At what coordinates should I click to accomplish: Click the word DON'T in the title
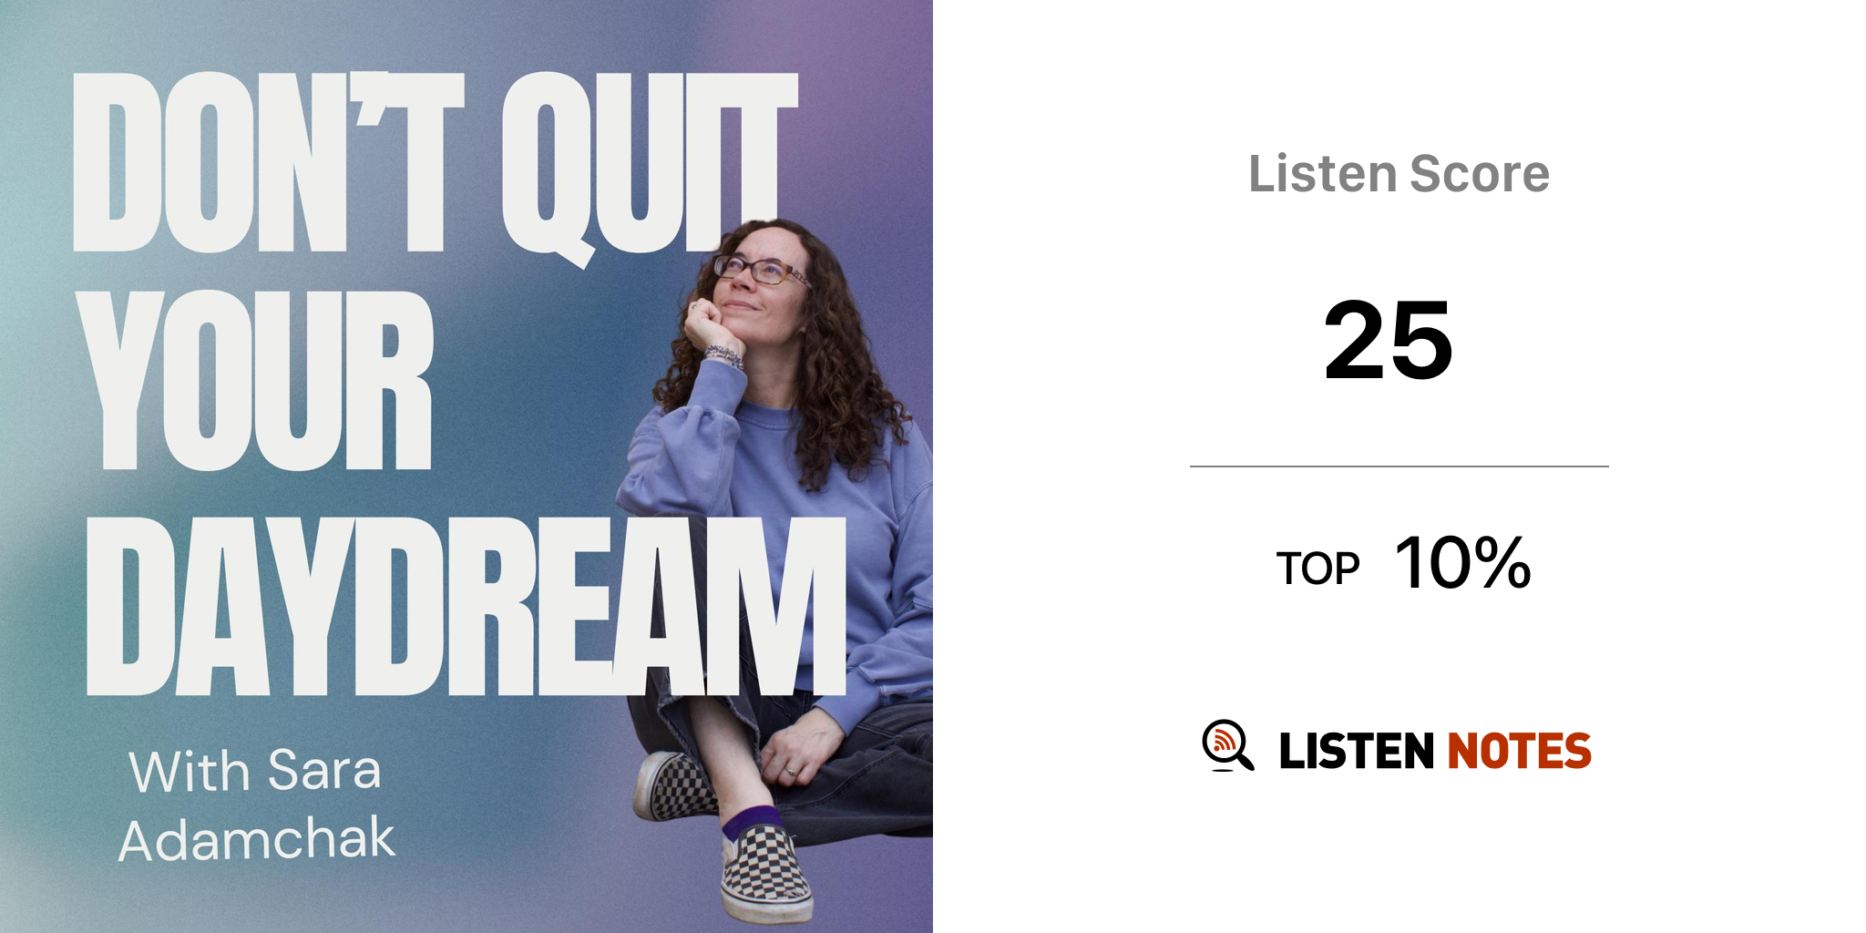269,161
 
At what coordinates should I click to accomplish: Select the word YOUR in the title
259,381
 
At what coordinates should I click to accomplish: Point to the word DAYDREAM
466,606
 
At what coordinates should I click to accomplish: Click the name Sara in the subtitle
324,770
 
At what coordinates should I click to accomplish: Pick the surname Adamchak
257,839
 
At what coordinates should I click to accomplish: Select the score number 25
1389,341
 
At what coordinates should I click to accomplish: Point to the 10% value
1463,563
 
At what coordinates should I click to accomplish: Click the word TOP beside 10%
1317,569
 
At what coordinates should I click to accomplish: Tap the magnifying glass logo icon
1227,745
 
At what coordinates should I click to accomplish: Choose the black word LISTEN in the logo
1357,751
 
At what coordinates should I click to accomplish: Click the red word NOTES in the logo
1520,751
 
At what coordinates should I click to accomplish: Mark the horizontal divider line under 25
1399,466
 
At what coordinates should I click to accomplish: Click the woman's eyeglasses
762,271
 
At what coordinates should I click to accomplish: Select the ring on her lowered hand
790,772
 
